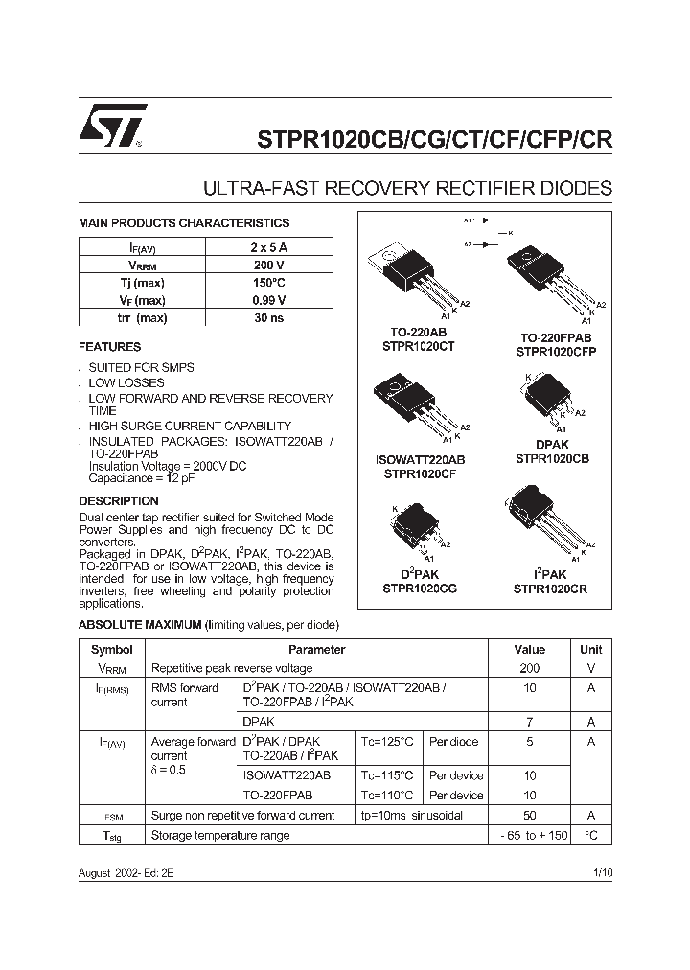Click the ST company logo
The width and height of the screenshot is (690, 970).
113,126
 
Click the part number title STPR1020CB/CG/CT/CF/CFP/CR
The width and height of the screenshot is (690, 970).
434,139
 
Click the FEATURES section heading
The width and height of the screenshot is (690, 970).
109,347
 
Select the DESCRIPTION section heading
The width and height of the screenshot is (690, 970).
119,501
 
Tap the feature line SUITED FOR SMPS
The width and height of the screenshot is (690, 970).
141,368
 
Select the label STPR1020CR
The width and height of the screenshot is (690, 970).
550,589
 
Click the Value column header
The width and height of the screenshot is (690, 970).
529,650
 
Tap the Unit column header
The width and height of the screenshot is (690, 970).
591,650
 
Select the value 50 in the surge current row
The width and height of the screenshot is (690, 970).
529,816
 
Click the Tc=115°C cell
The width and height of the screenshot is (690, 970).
388,775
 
